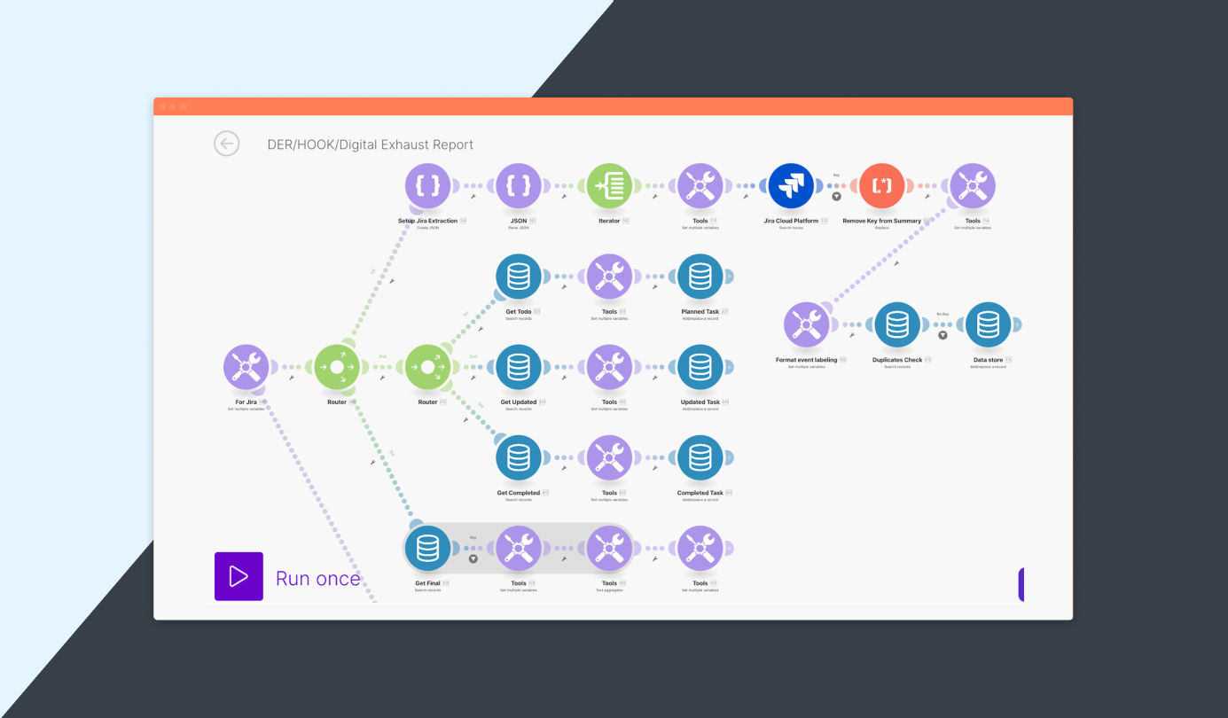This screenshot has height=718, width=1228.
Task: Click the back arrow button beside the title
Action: (x=226, y=144)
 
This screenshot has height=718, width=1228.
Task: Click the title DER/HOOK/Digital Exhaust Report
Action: (x=370, y=144)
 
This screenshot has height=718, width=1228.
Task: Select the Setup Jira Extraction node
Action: (x=427, y=186)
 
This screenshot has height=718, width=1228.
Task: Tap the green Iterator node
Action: (x=609, y=186)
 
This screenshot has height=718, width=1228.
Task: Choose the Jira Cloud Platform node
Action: (x=791, y=186)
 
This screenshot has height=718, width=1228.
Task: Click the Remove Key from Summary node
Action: (x=881, y=186)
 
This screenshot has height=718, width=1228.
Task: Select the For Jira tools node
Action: (x=246, y=367)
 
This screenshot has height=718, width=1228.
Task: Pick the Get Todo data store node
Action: (x=519, y=277)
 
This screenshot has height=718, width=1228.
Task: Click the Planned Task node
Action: (x=700, y=277)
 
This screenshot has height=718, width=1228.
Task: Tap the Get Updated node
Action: (x=519, y=367)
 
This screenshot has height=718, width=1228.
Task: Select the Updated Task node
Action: (x=700, y=367)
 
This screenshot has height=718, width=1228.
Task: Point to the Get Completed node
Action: (x=519, y=457)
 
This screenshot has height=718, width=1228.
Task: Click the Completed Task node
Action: (x=700, y=457)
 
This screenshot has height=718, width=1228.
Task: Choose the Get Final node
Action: (x=427, y=548)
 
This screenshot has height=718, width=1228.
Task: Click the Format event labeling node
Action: (x=806, y=325)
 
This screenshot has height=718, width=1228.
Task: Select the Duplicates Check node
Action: (x=896, y=325)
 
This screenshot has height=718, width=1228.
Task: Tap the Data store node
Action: (x=988, y=325)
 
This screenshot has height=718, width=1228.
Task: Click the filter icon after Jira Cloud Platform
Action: (x=836, y=197)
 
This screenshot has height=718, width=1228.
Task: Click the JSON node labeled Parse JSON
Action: (x=519, y=186)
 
